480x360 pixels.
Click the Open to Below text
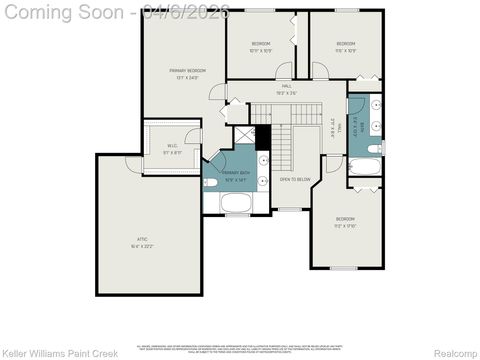coord(294,179)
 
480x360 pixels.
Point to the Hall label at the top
coord(286,87)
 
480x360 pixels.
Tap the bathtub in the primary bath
coord(236,204)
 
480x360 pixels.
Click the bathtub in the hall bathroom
coord(364,166)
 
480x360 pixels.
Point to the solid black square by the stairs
coord(263,138)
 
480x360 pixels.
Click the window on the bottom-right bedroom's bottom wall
coord(345,268)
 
